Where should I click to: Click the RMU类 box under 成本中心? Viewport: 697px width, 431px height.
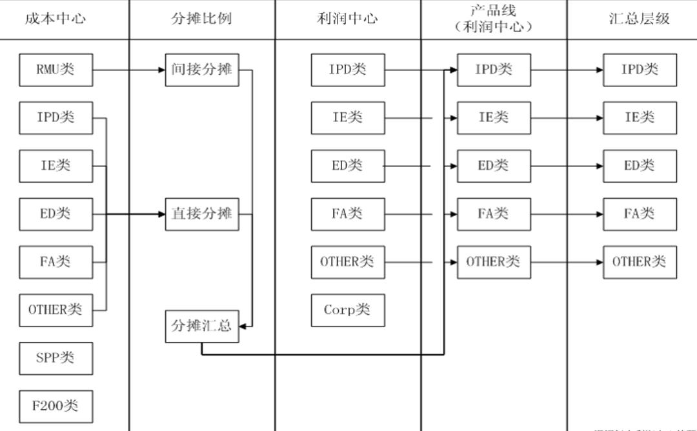point(56,70)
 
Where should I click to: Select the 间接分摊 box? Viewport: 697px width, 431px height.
point(201,70)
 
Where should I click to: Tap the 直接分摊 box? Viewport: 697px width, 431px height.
point(201,214)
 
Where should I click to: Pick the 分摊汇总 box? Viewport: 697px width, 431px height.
point(201,326)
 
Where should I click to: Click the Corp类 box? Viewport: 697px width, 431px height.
point(347,310)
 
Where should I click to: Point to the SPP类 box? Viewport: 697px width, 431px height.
point(56,357)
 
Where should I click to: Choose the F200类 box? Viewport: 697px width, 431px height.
point(56,406)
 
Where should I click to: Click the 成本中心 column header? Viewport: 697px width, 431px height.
point(56,18)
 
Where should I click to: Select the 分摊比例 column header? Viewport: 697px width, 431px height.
point(201,18)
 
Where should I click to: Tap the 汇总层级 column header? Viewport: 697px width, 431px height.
point(639,18)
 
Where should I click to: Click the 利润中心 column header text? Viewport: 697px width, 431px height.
point(347,18)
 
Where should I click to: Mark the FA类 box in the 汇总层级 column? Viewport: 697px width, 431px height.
point(640,214)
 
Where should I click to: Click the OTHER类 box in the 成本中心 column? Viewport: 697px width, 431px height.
point(56,310)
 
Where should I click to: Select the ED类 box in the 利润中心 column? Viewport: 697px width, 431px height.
point(347,166)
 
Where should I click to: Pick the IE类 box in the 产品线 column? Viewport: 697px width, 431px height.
point(494,117)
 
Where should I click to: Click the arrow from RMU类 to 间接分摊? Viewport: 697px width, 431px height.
point(128,70)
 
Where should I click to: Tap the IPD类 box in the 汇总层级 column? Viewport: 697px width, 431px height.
point(640,70)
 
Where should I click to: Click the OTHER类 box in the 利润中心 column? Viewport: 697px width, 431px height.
point(347,262)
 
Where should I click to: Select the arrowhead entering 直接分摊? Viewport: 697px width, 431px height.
point(161,214)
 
